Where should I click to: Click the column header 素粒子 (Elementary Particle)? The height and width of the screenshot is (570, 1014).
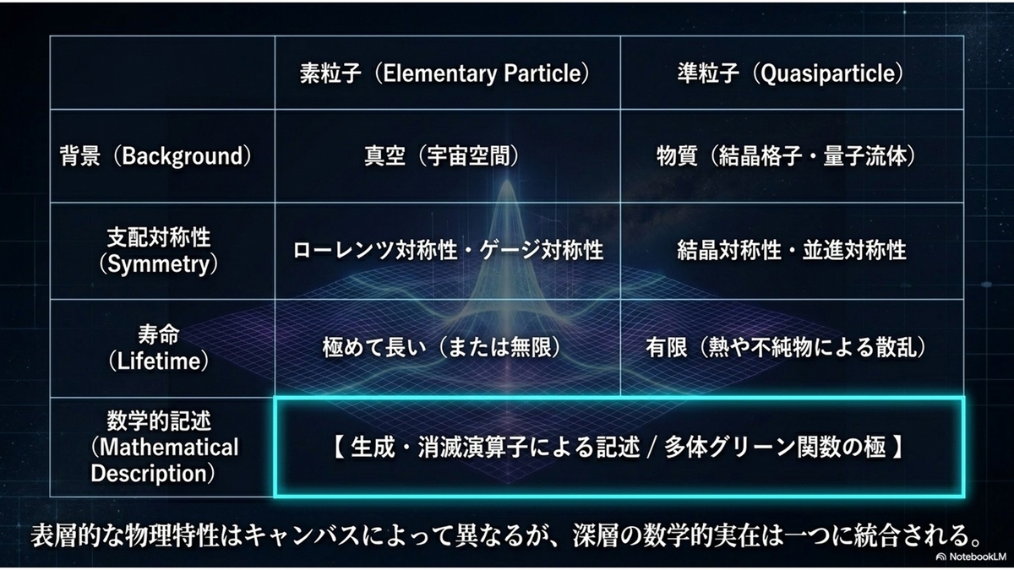pos(444,73)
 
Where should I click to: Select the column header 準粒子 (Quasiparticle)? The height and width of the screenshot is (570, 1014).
pos(790,73)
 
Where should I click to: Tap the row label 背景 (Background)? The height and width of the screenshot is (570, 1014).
pos(155,156)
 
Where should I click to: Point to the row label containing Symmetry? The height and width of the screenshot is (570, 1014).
pos(159,251)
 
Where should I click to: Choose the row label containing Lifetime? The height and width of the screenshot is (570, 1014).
pos(159,348)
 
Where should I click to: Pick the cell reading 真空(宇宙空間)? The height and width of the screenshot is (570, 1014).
pos(442,156)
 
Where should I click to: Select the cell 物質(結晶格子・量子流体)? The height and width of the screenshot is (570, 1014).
pos(787,156)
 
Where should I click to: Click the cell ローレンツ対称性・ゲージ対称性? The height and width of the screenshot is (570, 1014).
pos(448,250)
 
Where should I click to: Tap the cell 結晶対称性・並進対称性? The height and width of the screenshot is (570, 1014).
pos(791,250)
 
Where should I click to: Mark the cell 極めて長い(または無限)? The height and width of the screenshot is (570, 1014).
pos(442,348)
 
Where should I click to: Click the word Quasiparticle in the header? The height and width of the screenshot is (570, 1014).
pos(828,74)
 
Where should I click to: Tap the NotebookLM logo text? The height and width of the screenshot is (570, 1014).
pos(973,556)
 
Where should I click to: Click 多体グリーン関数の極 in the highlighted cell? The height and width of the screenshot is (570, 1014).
pos(775,448)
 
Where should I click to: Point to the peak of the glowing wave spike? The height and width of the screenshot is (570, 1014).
pos(507,181)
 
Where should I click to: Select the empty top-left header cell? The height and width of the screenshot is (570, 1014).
pos(162,73)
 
